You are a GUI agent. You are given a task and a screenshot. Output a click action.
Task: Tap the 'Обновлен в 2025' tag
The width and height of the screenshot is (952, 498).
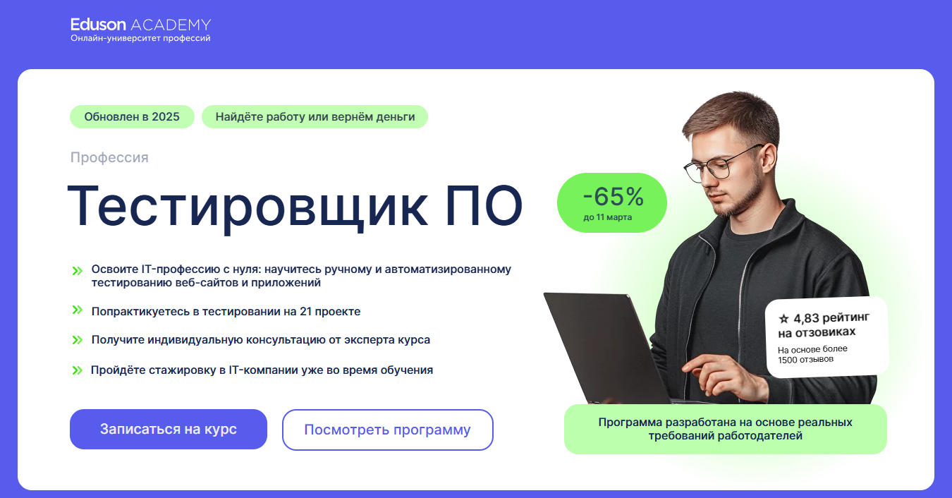pos(132,116)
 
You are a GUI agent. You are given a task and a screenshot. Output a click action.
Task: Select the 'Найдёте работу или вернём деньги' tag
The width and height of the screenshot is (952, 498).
pos(315,116)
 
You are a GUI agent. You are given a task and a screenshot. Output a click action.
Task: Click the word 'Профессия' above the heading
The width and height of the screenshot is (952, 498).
pos(109,157)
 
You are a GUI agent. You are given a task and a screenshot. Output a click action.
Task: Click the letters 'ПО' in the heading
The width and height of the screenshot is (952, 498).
pos(484,206)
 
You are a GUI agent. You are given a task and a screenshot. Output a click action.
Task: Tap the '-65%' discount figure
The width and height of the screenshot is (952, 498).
pos(614,197)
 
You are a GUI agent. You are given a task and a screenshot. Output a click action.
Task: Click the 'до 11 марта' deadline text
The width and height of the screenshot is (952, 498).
pos(607,217)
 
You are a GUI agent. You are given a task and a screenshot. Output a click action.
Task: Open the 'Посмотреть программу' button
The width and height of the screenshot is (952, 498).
pos(388,430)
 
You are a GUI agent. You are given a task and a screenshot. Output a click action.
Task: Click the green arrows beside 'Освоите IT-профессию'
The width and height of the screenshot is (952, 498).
pos(77,270)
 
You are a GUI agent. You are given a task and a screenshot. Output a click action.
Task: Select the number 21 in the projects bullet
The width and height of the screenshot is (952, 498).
pos(305,311)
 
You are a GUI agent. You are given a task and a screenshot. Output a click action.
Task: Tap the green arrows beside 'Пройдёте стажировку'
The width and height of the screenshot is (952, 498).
pos(77,370)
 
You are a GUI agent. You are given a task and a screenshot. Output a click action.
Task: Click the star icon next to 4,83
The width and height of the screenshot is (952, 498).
pos(783,319)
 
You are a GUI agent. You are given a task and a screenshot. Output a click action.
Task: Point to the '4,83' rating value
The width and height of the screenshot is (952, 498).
pos(806,318)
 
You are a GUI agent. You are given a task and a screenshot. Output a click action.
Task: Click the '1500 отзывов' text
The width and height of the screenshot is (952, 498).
pos(805,360)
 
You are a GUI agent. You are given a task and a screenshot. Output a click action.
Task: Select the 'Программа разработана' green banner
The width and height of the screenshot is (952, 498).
pos(726,429)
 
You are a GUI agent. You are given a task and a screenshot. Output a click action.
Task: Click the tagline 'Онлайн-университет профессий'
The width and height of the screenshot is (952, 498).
pos(140,38)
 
